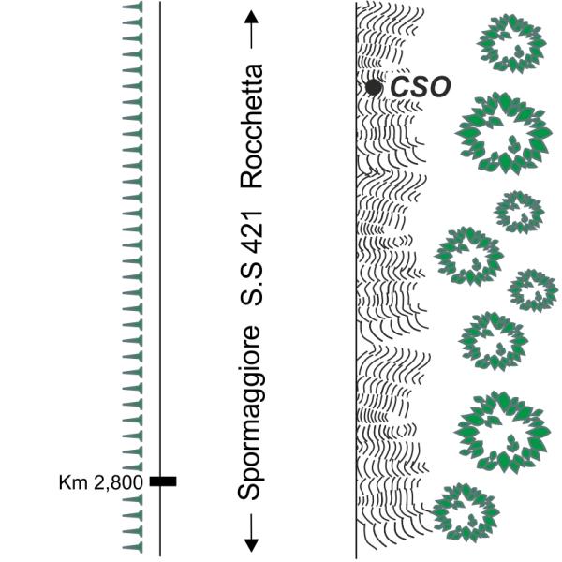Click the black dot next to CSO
(x=374, y=87)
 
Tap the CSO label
(x=421, y=88)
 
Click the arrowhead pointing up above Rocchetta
(x=250, y=19)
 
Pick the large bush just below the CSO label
(x=506, y=133)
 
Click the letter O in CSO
(x=438, y=88)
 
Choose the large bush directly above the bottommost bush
(x=507, y=431)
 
